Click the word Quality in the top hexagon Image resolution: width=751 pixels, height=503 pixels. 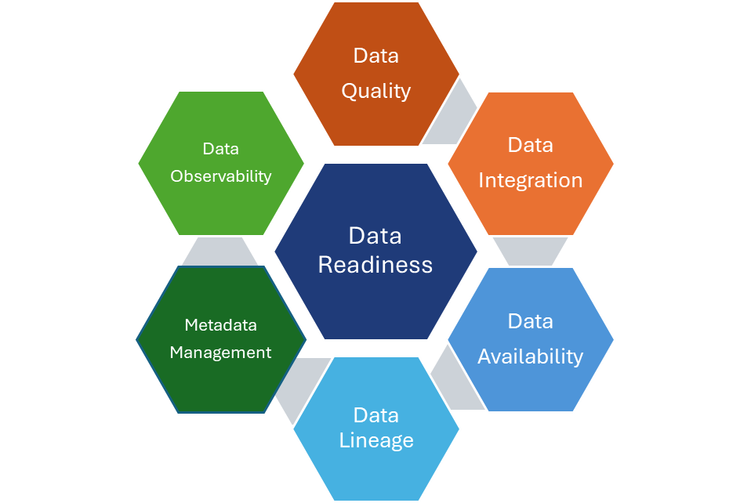pyautogui.click(x=376, y=91)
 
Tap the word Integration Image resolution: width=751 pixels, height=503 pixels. pyautogui.click(x=531, y=180)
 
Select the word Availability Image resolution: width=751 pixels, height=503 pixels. pyautogui.click(x=531, y=356)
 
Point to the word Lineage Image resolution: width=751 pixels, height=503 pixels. pyautogui.click(x=376, y=440)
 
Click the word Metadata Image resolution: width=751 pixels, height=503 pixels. pyautogui.click(x=220, y=324)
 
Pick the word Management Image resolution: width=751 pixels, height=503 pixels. pyautogui.click(x=220, y=353)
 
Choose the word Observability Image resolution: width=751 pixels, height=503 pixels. pyautogui.click(x=220, y=176)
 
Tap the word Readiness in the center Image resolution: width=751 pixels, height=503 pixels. pyautogui.click(x=375, y=265)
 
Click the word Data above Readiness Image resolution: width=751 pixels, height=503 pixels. pyautogui.click(x=375, y=236)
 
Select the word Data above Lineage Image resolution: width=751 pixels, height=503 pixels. pyautogui.click(x=376, y=414)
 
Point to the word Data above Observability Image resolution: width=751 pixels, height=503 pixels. pyautogui.click(x=220, y=149)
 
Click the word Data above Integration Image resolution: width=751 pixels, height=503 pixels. pyautogui.click(x=531, y=145)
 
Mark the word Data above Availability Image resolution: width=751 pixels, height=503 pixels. pyautogui.click(x=531, y=321)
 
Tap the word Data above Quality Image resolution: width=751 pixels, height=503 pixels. pyautogui.click(x=376, y=56)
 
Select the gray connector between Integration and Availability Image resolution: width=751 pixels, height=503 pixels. pyautogui.click(x=531, y=251)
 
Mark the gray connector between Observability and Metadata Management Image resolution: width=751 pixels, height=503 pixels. pyautogui.click(x=220, y=251)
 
